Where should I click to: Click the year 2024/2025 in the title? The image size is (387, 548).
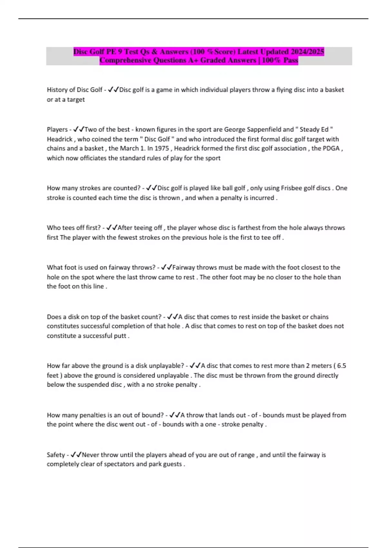(307, 52)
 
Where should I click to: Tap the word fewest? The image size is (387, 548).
(127, 237)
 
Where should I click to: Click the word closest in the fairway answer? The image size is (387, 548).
(308, 267)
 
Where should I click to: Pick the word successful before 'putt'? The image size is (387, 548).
(98, 336)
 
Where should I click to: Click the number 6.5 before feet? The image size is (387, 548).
(342, 366)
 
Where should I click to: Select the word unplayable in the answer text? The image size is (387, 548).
(173, 375)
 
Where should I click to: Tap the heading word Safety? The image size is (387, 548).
(56, 455)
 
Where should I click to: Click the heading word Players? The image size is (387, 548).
(57, 129)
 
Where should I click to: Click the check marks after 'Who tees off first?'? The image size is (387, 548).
(112, 228)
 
